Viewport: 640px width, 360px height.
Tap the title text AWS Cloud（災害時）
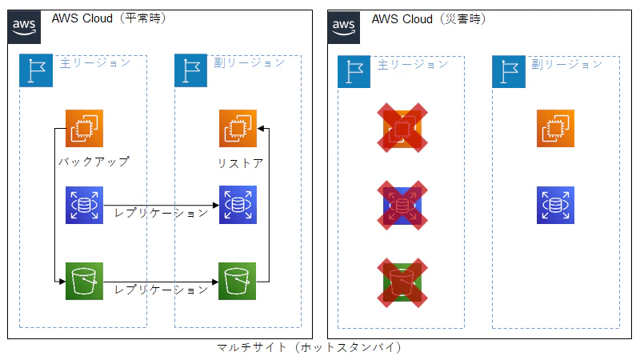click(429, 18)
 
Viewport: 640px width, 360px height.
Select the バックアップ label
click(94, 162)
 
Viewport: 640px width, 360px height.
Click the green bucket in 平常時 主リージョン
click(84, 281)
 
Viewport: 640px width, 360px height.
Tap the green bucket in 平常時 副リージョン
click(238, 281)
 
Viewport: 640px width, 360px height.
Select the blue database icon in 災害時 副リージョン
click(555, 205)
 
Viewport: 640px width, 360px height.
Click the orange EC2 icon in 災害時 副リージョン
click(555, 129)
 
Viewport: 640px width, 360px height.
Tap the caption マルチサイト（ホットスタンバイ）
click(309, 348)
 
